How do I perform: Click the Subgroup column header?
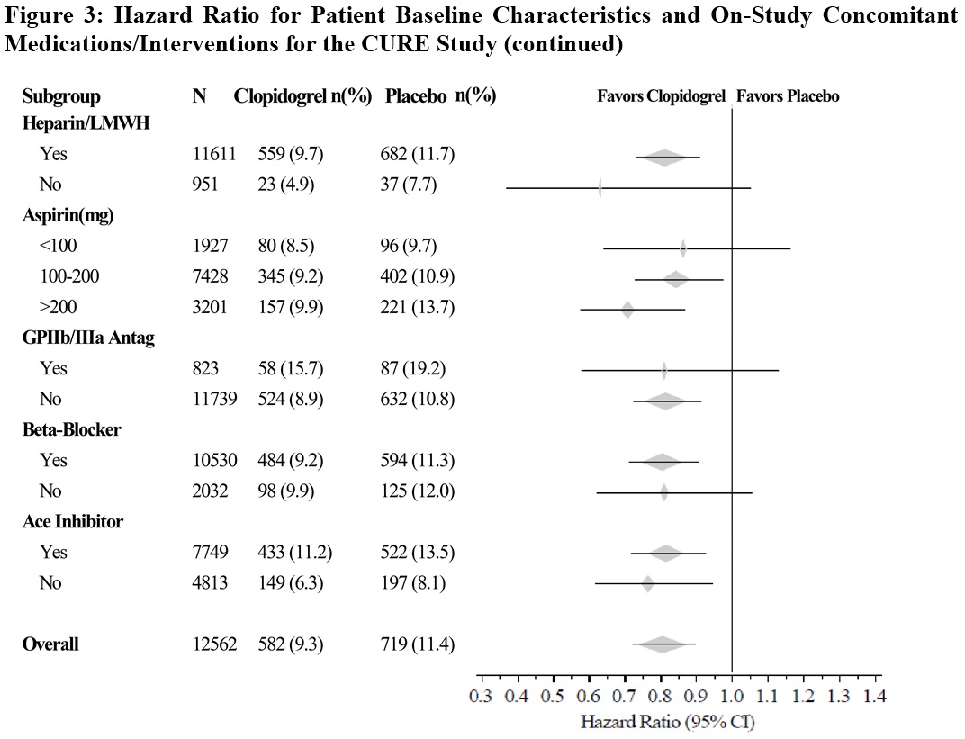61,96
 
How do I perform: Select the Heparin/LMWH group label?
86,124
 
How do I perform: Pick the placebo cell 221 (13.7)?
418,307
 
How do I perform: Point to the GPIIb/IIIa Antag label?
88,338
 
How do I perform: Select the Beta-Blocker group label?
71,429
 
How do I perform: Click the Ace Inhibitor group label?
73,521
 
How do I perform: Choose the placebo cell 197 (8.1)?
412,582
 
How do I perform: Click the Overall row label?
50,644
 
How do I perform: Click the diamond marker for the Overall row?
663,644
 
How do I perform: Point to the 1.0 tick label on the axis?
732,695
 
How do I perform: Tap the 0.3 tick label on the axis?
482,695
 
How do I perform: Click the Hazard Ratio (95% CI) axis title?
668,721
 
